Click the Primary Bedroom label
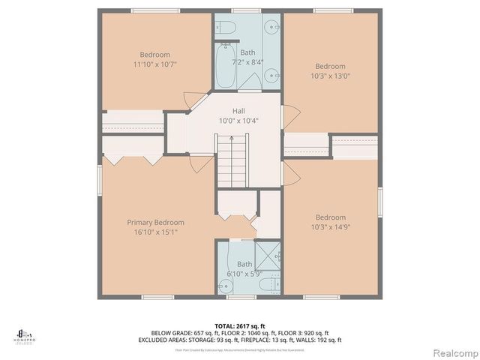coord(155,222)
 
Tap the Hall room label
coord(238,111)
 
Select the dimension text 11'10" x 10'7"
coord(155,64)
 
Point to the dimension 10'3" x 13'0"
coord(330,76)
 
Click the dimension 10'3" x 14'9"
coord(330,227)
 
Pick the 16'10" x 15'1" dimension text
coord(155,232)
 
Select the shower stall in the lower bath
coord(267,256)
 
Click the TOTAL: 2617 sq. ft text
coord(240,325)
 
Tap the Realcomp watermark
coord(453,352)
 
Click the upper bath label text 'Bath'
coord(247,52)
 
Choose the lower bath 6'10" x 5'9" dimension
coord(244,274)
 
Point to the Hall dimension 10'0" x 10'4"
coord(238,121)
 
